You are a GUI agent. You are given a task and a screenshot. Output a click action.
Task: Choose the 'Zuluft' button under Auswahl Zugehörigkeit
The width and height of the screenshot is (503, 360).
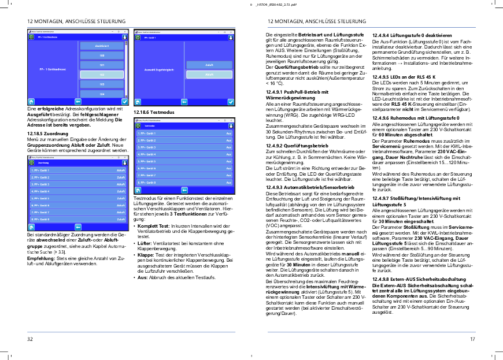(x=209, y=65)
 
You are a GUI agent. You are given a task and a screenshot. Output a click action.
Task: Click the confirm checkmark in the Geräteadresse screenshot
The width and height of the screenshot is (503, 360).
(x=124, y=101)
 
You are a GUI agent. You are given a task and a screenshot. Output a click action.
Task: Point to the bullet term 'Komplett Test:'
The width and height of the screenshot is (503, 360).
(x=149, y=224)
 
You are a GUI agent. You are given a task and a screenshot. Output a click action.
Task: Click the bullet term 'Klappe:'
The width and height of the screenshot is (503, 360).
(x=144, y=254)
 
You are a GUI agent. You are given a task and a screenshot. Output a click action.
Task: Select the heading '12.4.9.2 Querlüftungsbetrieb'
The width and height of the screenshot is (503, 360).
(x=289, y=146)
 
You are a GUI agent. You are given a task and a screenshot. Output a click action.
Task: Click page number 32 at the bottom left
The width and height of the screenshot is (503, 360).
(x=30, y=339)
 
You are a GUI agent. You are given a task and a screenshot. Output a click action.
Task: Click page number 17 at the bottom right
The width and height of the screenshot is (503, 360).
(x=472, y=339)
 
